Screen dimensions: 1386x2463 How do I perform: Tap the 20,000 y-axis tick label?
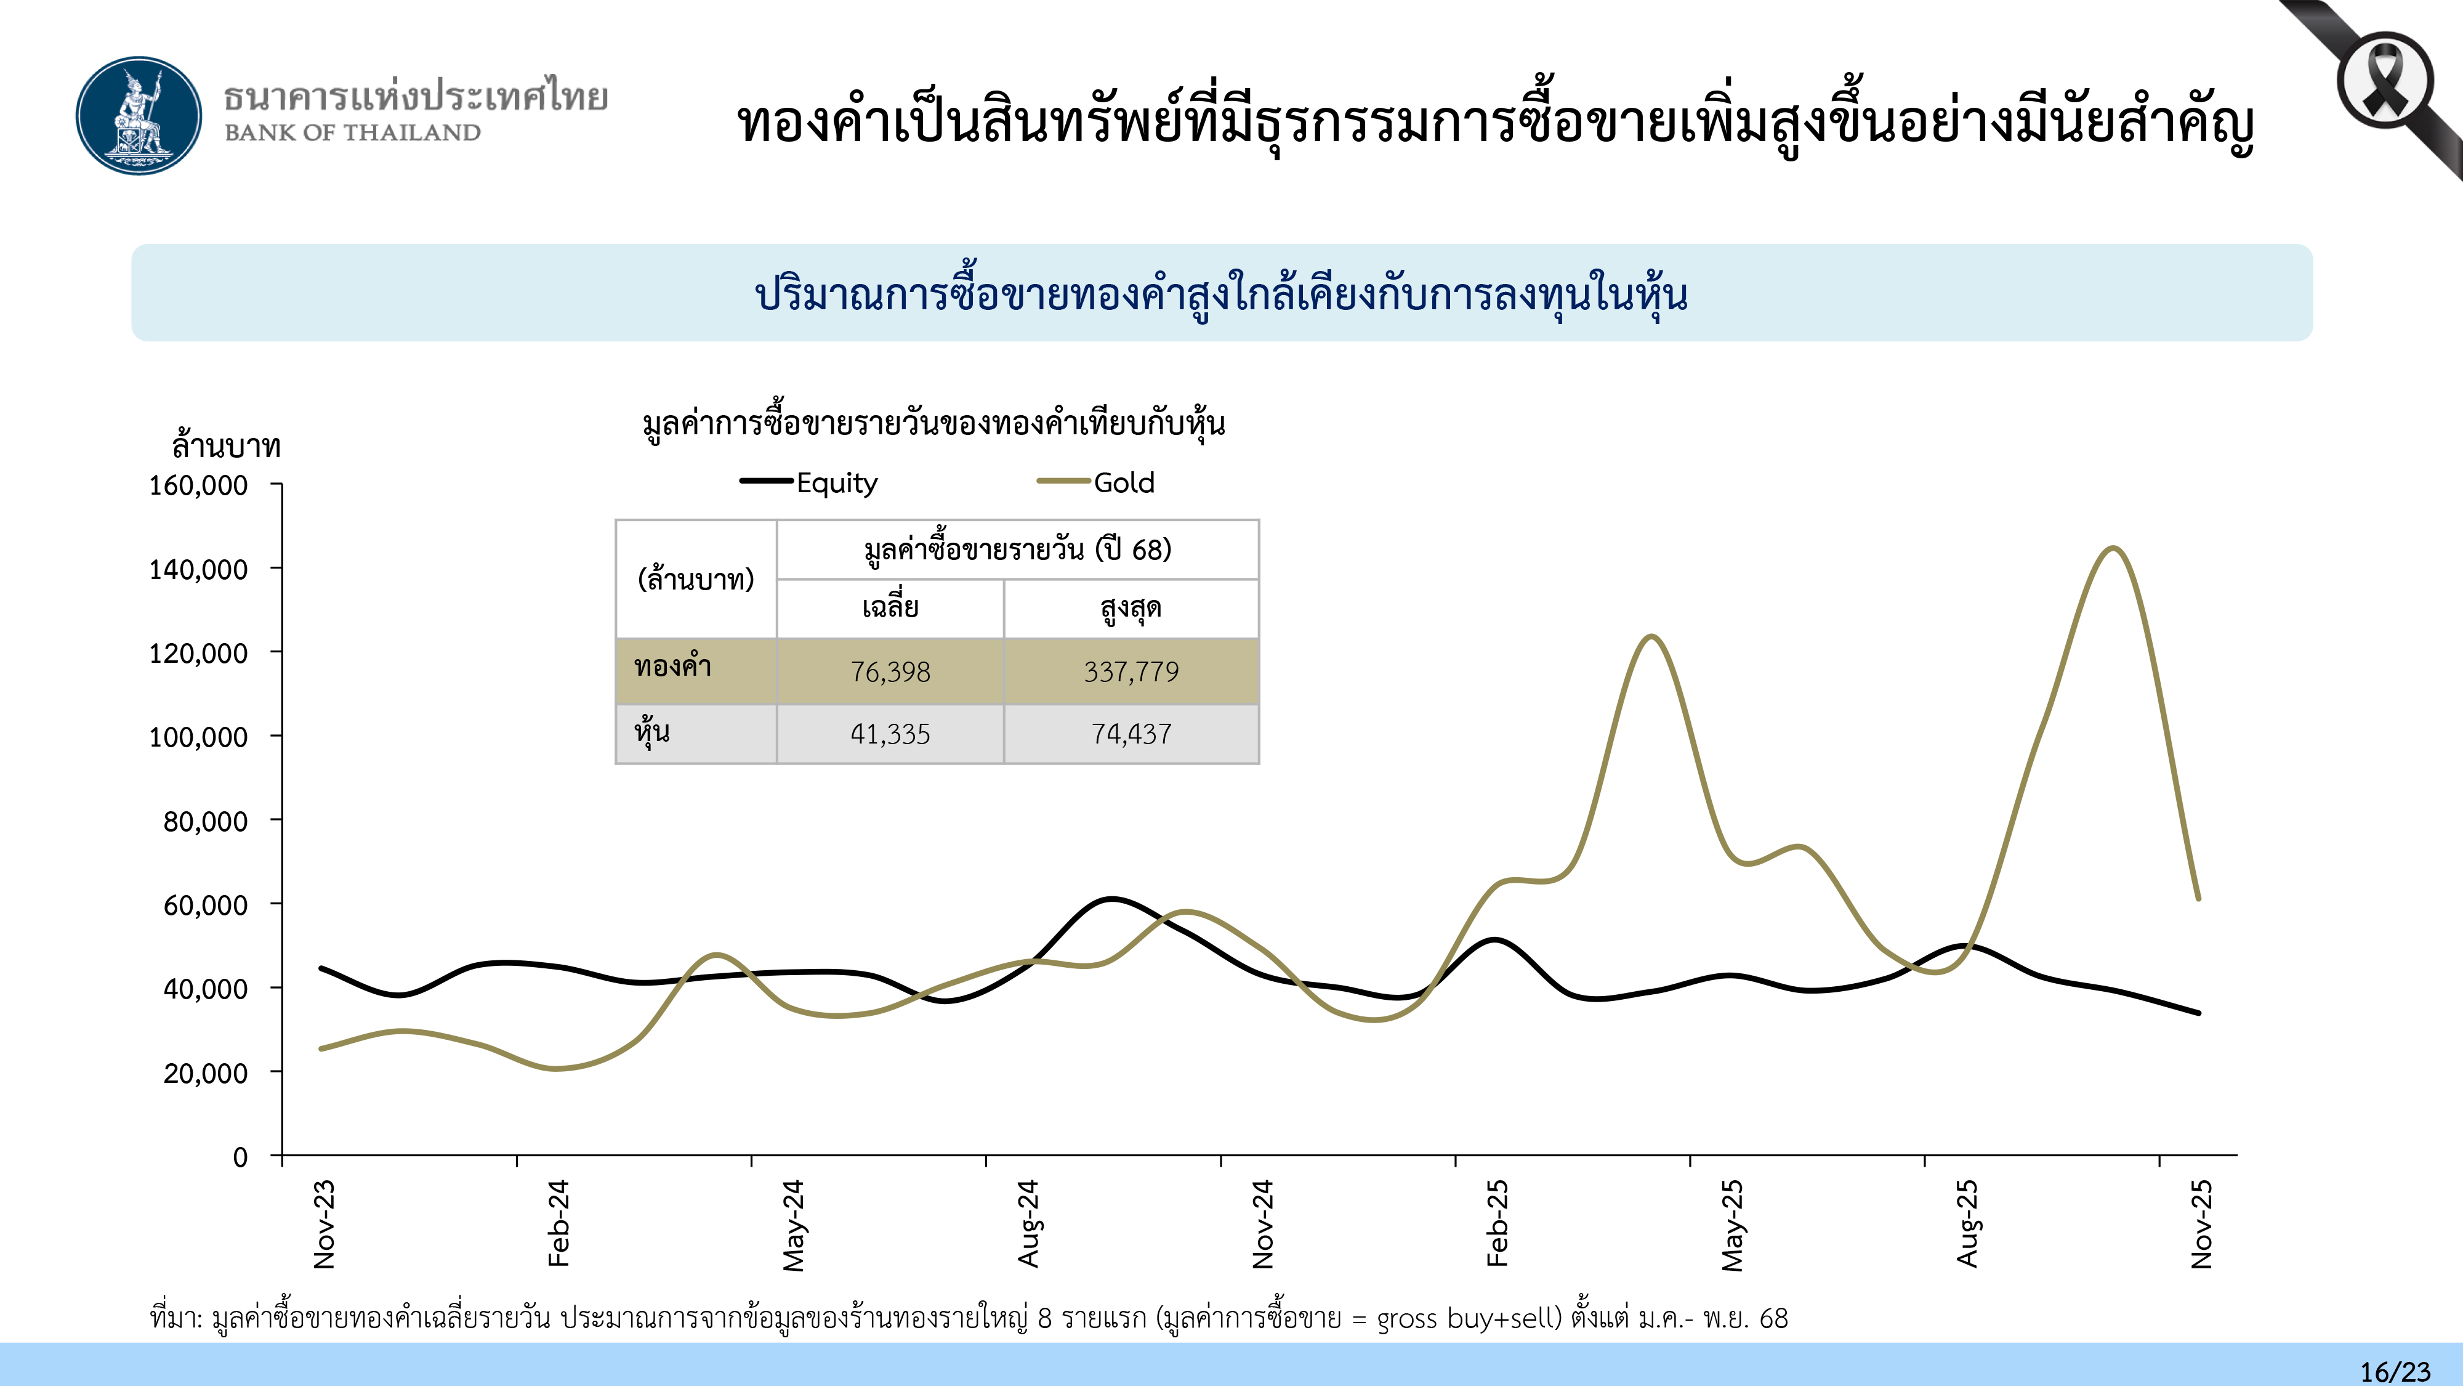click(204, 1073)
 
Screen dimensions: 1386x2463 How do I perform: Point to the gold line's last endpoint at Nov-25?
click(2198, 898)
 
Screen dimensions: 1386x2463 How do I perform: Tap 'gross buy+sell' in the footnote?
click(1468, 1318)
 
